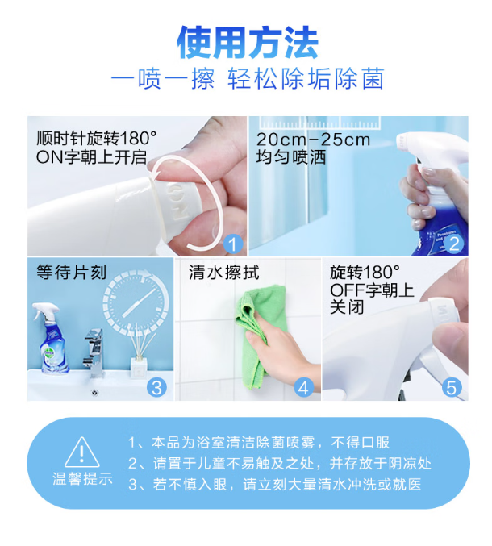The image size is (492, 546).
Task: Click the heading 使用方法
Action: tap(248, 43)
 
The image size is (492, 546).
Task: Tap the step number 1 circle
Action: tap(233, 244)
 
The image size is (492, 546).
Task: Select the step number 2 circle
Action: tap(454, 244)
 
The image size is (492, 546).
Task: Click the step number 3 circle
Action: tap(156, 387)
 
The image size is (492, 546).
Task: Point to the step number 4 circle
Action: tap(303, 387)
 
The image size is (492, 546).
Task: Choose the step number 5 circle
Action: tap(452, 387)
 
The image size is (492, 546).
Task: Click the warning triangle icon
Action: tap(82, 452)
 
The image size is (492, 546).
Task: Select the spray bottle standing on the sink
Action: tap(52, 339)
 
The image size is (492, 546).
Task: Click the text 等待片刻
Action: tap(71, 273)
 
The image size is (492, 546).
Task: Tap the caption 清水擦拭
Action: tap(224, 273)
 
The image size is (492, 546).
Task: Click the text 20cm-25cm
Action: tap(313, 140)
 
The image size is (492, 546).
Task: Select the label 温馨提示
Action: tap(82, 479)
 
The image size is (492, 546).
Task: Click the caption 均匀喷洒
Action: tap(291, 157)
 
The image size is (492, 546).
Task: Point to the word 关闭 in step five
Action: tap(347, 307)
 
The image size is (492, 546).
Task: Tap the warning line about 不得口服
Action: tap(259, 443)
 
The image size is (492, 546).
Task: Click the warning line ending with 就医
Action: tap(275, 485)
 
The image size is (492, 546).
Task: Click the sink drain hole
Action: tap(94, 393)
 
